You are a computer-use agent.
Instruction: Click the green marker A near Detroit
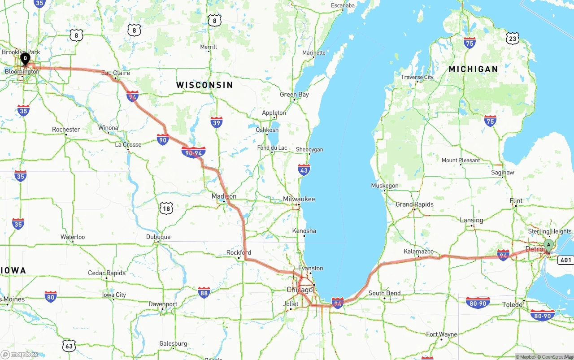[548, 245]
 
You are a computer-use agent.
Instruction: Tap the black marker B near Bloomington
[26, 58]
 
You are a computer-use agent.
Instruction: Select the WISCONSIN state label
[204, 85]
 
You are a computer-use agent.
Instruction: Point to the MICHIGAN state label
[473, 69]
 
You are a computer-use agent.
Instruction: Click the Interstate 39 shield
[217, 122]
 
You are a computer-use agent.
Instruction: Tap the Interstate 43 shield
[304, 169]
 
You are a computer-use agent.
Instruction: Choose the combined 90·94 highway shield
[194, 152]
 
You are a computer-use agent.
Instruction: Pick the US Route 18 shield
[166, 208]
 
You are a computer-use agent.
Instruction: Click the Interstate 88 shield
[204, 293]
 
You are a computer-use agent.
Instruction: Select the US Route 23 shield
[513, 39]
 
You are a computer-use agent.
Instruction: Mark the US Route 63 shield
[69, 346]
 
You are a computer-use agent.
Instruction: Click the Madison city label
[224, 196]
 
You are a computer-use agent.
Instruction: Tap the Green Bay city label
[294, 95]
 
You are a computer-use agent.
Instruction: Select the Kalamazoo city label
[418, 252]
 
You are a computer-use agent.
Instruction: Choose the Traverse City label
[417, 77]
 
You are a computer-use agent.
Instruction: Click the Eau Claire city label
[115, 73]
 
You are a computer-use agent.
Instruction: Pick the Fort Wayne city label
[442, 334]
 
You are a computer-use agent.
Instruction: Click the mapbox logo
[20, 354]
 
